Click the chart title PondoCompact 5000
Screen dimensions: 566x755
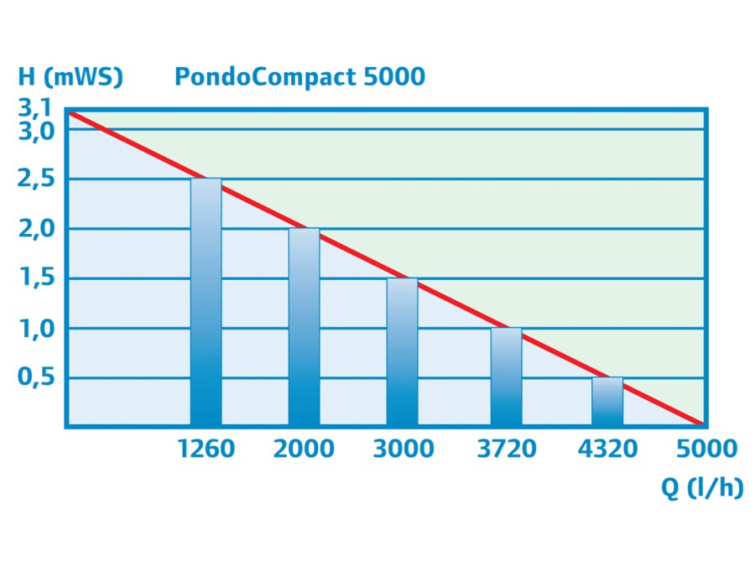299,77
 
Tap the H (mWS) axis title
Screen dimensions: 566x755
70,77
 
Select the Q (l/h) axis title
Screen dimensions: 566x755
702,489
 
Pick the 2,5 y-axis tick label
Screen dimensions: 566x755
35,179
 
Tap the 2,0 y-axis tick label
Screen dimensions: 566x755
35,229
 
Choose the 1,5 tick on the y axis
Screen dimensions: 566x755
35,278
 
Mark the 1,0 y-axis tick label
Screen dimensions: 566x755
35,328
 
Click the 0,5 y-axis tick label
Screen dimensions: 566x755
35,377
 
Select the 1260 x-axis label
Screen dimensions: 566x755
206,449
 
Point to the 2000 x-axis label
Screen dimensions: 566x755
304,449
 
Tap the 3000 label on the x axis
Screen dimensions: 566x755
404,449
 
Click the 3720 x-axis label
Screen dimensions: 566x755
506,449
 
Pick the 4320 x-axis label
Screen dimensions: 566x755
607,449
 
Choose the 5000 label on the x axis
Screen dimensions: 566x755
706,449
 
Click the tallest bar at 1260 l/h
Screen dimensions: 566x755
206,302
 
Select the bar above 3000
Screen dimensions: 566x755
402,352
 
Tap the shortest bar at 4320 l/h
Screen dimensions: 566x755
607,402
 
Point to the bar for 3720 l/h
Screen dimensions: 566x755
506,376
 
